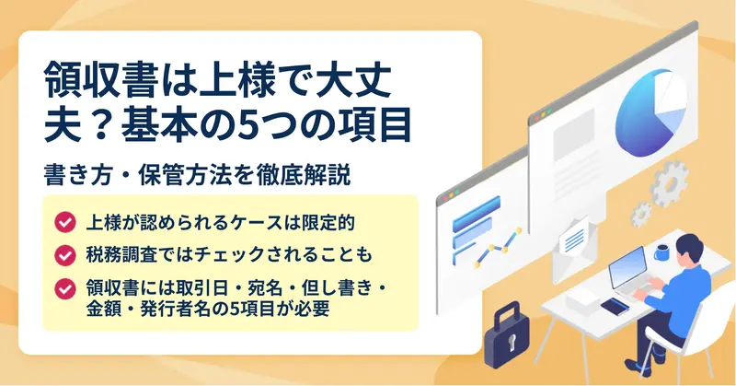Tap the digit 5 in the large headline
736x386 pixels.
coord(248,126)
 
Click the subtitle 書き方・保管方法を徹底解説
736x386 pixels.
coord(197,175)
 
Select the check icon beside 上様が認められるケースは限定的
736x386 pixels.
coord(64,222)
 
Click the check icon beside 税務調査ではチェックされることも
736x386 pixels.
coord(64,255)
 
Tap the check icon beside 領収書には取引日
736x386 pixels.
coord(64,288)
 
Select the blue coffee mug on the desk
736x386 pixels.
coord(661,253)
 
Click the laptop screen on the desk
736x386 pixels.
coord(627,267)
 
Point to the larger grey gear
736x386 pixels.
coord(670,183)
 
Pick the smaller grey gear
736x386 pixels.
coord(641,214)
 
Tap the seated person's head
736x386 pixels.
coord(690,248)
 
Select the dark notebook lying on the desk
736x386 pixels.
coord(615,307)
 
